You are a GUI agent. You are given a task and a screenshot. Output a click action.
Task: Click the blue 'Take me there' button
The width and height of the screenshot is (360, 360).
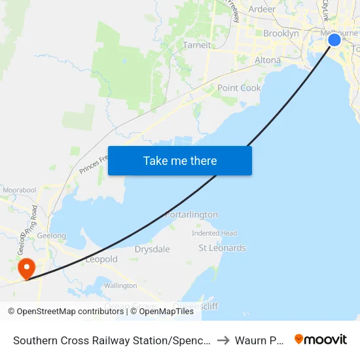pyautogui.click(x=179, y=160)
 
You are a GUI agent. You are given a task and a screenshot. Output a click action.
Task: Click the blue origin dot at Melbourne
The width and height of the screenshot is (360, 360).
pyautogui.click(x=334, y=40)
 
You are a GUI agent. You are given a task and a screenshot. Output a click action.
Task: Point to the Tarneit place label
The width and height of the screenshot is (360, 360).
pyautogui.click(x=198, y=45)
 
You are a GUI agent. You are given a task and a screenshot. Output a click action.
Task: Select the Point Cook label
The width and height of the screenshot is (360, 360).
pyautogui.click(x=239, y=88)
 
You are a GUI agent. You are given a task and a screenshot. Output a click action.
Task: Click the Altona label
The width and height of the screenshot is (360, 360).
pyautogui.click(x=267, y=60)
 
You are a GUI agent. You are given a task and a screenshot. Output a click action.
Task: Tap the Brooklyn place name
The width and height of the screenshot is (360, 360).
pyautogui.click(x=281, y=33)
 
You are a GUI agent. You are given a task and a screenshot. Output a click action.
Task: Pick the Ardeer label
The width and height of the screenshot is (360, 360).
pyautogui.click(x=262, y=9)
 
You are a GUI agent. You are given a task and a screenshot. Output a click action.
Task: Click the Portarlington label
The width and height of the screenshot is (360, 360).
pyautogui.click(x=191, y=215)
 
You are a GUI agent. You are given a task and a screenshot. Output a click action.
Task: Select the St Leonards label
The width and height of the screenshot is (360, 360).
pyautogui.click(x=222, y=248)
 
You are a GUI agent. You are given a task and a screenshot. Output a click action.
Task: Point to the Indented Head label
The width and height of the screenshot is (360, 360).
pyautogui.click(x=214, y=233)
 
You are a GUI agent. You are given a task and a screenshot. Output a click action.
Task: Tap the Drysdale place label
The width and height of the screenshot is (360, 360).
pyautogui.click(x=152, y=249)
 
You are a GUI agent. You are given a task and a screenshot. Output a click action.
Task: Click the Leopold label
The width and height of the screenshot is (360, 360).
pyautogui.click(x=102, y=259)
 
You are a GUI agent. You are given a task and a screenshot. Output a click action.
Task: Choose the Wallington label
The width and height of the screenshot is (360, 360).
pyautogui.click(x=120, y=285)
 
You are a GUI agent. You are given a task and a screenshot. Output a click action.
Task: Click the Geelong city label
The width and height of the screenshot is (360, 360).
pyautogui.click(x=52, y=236)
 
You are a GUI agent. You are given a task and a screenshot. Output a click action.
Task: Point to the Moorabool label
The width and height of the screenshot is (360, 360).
pyautogui.click(x=19, y=189)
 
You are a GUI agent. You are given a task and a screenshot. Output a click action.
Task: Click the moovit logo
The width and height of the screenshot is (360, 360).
pyautogui.click(x=321, y=339)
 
